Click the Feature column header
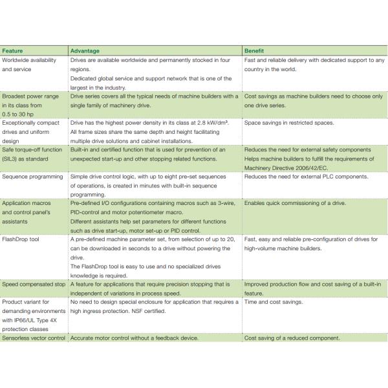[13, 50]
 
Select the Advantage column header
[86, 50]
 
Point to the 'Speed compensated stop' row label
[33, 284]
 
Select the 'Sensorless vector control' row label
[34, 338]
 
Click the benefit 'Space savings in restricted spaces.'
[290, 122]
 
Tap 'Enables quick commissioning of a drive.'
[295, 203]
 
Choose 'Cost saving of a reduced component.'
[292, 338]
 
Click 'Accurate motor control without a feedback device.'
[134, 338]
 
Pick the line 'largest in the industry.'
[98, 87]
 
